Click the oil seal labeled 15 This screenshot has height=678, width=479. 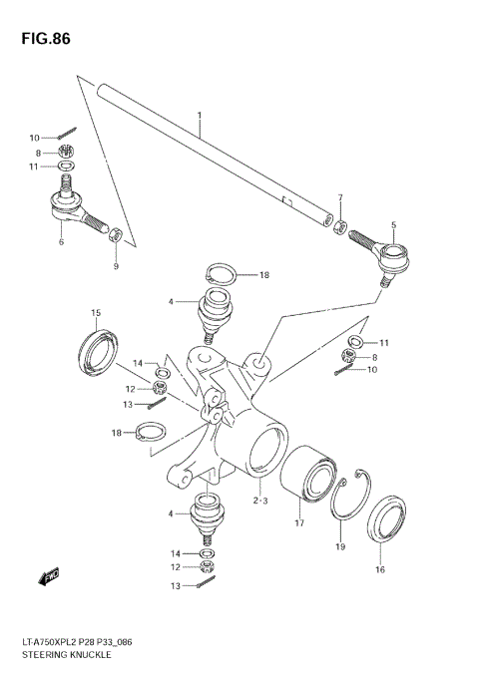point(98,350)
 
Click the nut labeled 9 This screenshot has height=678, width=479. point(116,235)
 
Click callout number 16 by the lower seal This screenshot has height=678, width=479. point(379,569)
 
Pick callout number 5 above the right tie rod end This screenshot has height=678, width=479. point(393,225)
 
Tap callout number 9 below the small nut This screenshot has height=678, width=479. point(115,266)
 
